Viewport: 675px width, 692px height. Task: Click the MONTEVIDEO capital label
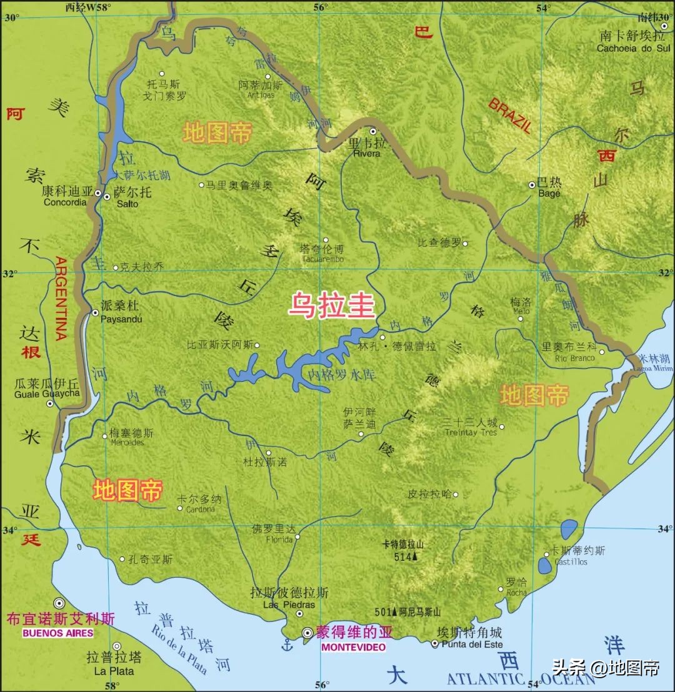[353, 648]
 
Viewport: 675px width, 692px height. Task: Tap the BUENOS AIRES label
[57, 633]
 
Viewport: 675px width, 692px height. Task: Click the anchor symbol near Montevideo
[287, 644]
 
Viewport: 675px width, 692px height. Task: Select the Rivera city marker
[373, 132]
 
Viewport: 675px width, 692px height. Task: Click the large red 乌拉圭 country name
[331, 306]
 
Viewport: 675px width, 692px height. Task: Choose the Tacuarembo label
[322, 259]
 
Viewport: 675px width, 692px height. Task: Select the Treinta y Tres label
[471, 432]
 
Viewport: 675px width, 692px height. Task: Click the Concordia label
[65, 202]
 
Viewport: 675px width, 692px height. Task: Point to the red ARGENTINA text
[61, 298]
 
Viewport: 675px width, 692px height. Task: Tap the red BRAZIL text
[510, 115]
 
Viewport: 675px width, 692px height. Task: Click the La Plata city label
[114, 671]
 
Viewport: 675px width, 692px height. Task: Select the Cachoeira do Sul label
[632, 48]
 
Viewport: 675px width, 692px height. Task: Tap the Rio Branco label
[575, 358]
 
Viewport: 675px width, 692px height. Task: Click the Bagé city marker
[532, 184]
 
